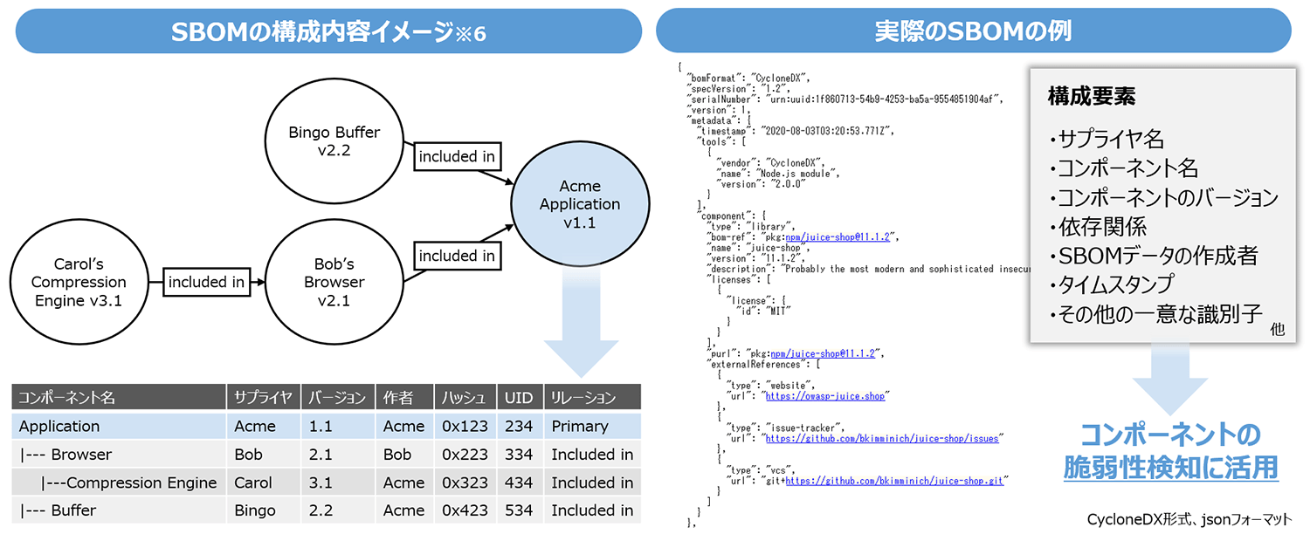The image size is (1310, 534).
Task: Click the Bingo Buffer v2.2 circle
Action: point(334,142)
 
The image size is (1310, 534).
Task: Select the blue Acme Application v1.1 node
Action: point(580,204)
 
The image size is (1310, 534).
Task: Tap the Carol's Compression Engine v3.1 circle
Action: point(79,282)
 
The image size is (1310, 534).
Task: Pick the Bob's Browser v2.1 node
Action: point(334,282)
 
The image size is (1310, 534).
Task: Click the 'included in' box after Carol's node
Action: point(206,282)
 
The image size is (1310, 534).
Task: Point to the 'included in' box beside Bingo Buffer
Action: point(457,157)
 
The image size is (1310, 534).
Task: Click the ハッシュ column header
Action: point(464,398)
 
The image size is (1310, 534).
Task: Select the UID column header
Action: point(519,398)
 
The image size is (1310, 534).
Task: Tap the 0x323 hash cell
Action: point(465,483)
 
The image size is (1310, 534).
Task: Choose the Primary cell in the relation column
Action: point(580,427)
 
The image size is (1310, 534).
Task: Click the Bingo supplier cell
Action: point(254,510)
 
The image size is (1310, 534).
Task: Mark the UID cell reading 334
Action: point(519,455)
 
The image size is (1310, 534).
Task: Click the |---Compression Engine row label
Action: point(129,483)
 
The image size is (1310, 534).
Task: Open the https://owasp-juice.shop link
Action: point(826,396)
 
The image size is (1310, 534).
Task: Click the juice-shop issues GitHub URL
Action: point(882,438)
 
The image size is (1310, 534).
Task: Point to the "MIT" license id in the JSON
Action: point(776,311)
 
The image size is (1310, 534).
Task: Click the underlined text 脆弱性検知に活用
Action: point(1171,468)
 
